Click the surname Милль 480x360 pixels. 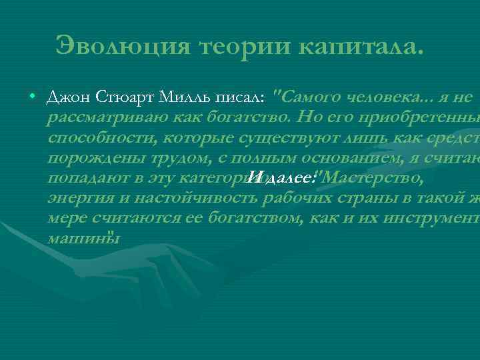[185, 97]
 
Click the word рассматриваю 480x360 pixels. [97, 118]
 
